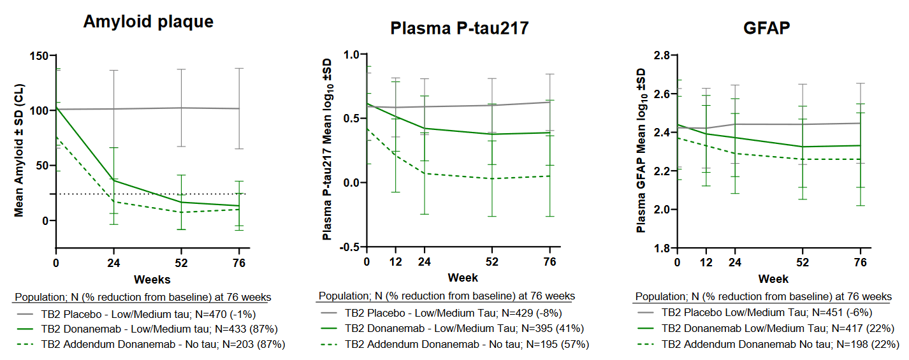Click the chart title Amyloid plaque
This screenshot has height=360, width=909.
click(x=148, y=22)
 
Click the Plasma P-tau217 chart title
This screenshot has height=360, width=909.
click(x=460, y=28)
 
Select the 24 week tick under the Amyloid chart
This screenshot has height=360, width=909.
click(x=113, y=262)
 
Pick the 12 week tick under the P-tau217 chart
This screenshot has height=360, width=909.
click(x=396, y=262)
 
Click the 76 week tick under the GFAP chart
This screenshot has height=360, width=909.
click(x=860, y=262)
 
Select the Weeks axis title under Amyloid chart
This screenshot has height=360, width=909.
click(x=152, y=279)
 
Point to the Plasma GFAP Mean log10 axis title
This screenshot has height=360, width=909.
click(x=641, y=152)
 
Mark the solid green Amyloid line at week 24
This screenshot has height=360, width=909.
click(x=113, y=180)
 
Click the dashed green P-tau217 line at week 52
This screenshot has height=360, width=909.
click(x=491, y=178)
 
